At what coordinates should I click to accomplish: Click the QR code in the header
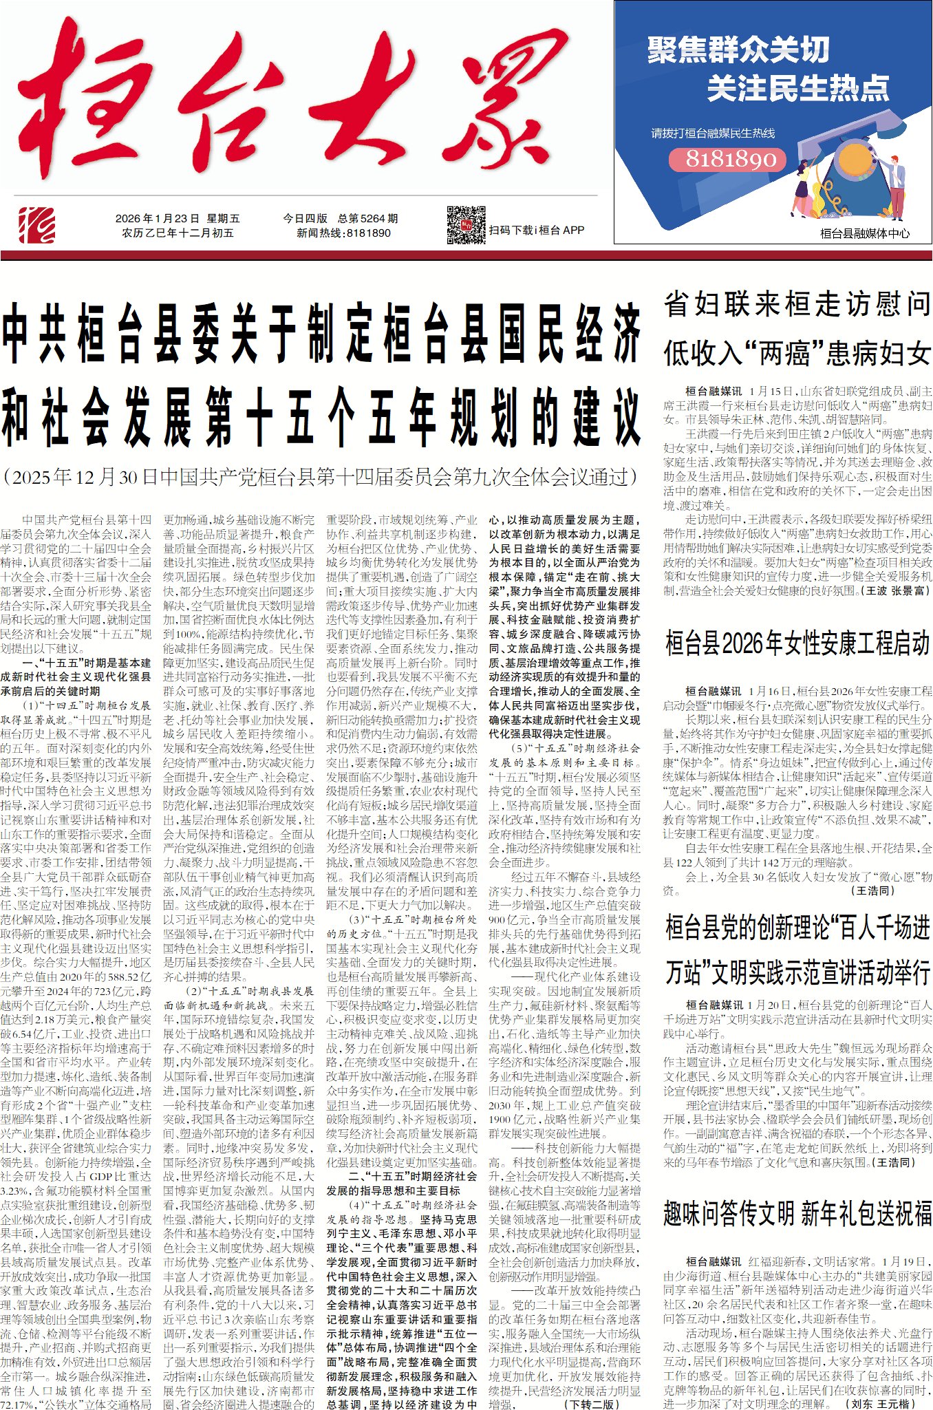coord(466,225)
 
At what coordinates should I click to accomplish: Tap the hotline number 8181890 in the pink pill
coord(730,160)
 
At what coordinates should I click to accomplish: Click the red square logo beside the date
coord(37,224)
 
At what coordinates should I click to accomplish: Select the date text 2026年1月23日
coord(158,218)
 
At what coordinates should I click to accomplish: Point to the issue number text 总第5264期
coord(368,218)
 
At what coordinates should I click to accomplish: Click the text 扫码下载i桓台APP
coord(537,230)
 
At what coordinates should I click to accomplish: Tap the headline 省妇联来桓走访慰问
coord(797,303)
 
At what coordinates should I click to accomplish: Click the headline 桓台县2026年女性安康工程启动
coord(797,643)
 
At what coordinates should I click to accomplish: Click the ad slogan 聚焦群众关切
coord(738,50)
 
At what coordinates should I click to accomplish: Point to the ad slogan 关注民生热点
coord(798,88)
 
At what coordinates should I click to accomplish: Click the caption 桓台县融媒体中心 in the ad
coord(864,233)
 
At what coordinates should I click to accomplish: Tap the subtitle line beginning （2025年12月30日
coord(321,477)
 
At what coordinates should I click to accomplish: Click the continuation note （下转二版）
coord(592,1404)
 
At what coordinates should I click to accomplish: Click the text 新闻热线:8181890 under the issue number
coord(344,233)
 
